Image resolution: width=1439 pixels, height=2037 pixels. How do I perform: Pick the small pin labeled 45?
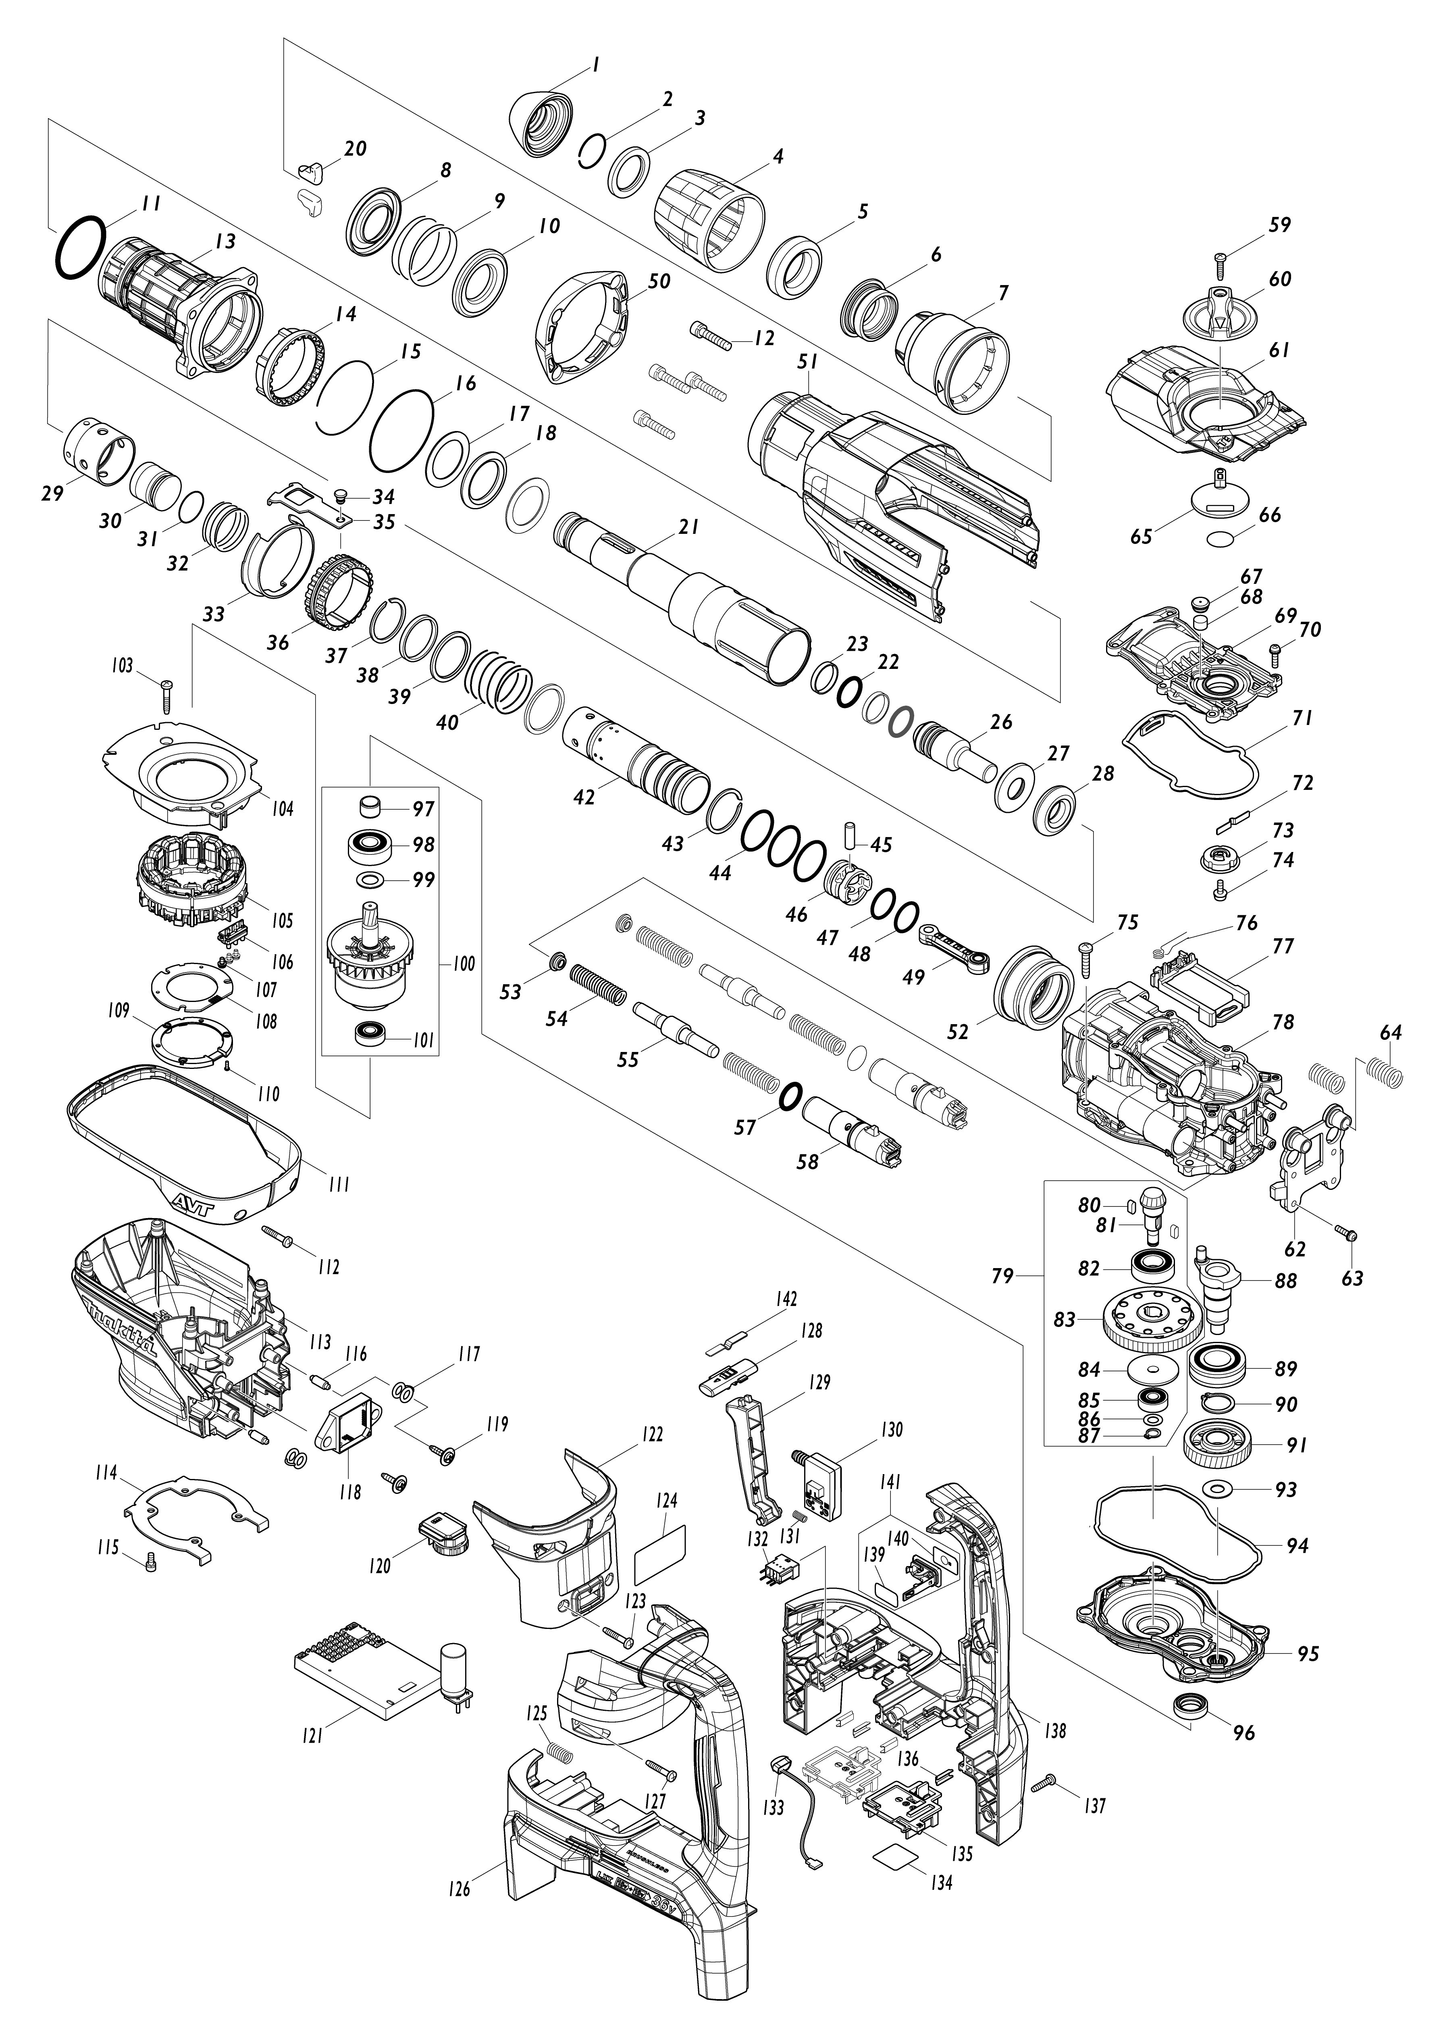[850, 836]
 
